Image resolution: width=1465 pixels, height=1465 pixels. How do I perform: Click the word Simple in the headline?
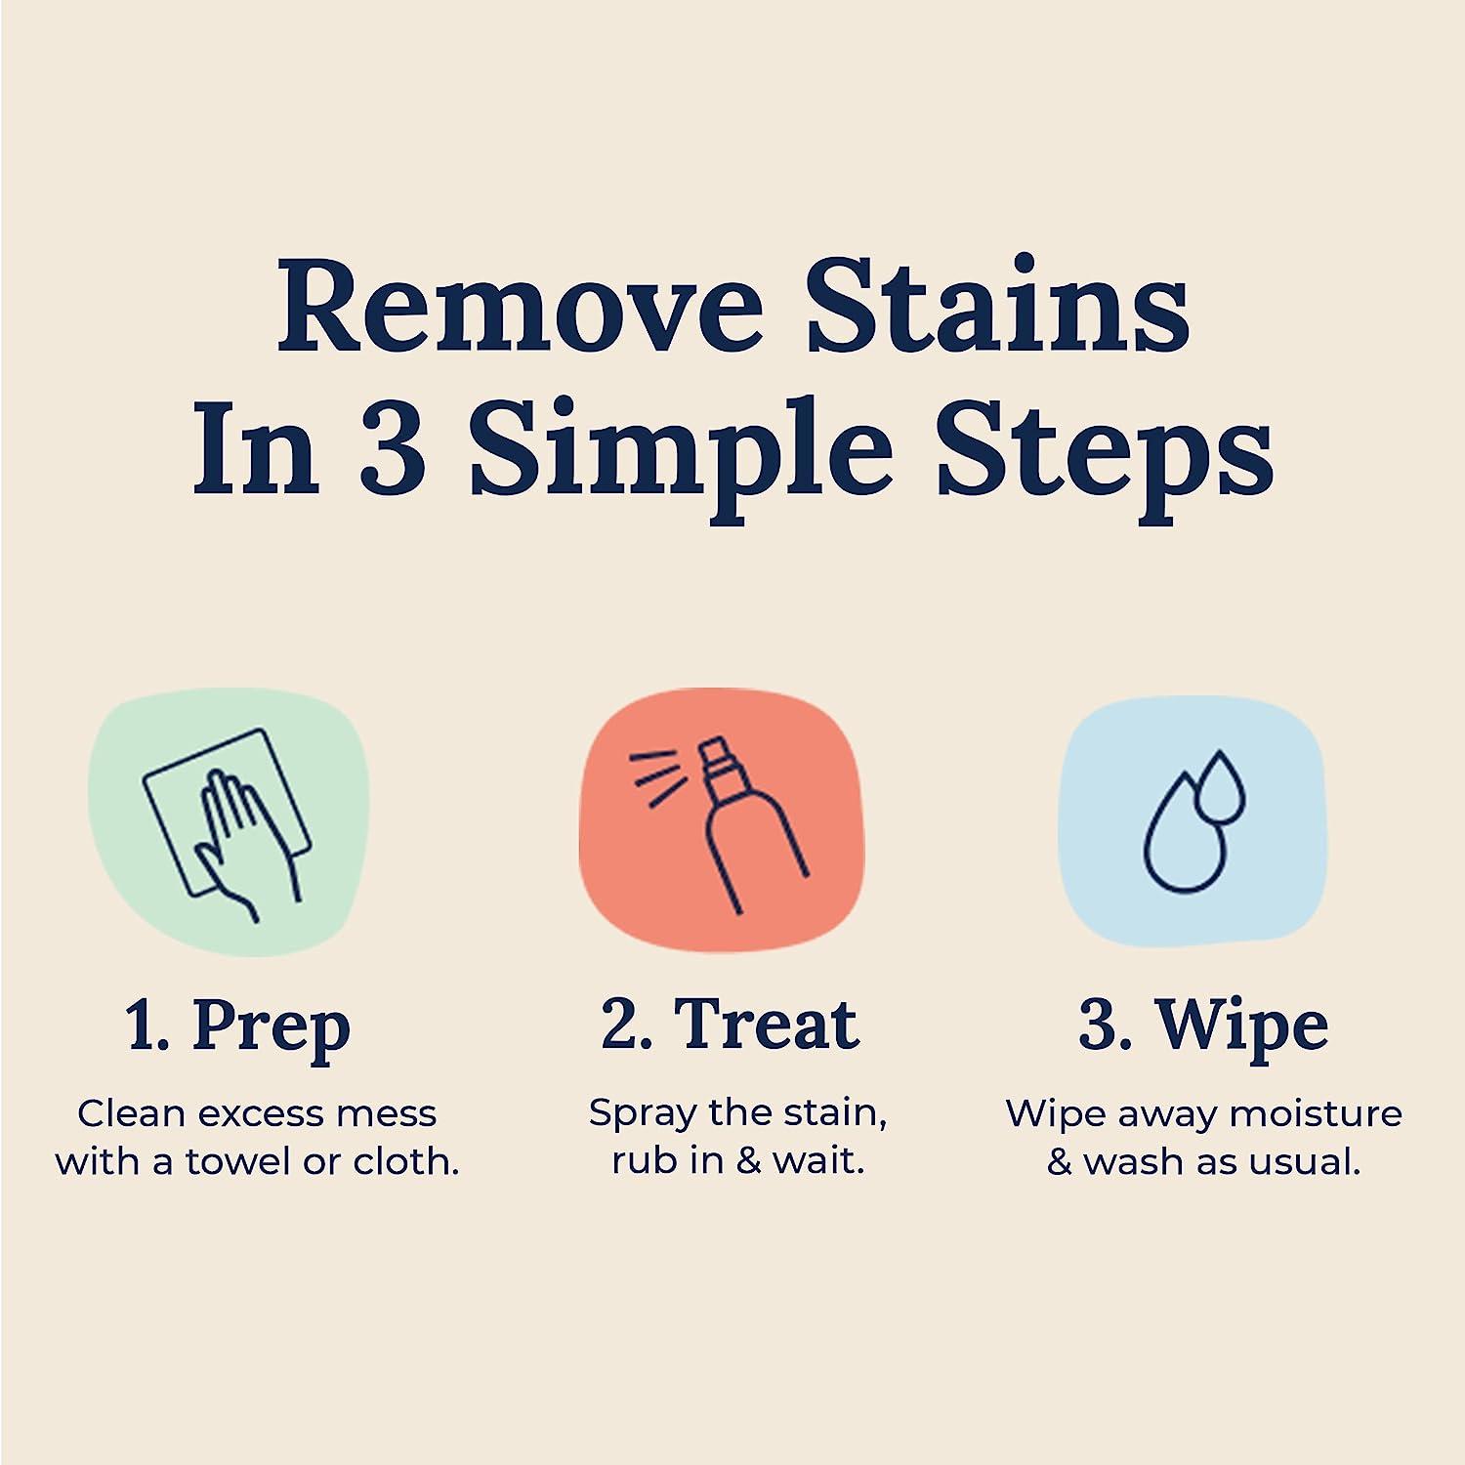click(681, 452)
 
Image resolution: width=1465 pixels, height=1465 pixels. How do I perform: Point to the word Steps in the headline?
click(1105, 452)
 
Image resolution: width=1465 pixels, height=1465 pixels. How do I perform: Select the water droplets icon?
click(1193, 820)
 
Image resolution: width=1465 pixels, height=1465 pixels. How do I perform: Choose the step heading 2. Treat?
click(731, 1025)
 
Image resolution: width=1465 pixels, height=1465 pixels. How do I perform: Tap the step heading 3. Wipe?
click(1203, 1025)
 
